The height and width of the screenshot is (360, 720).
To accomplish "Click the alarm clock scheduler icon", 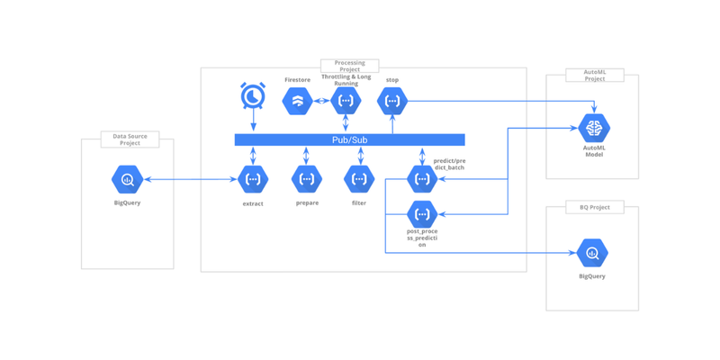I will coord(253,95).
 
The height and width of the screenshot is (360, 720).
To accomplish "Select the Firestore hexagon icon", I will coord(297,101).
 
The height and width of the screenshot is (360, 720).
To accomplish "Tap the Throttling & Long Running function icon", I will coord(346,101).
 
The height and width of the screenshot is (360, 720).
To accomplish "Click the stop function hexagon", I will coord(392,101).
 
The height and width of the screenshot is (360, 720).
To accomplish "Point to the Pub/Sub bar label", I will coord(349,140).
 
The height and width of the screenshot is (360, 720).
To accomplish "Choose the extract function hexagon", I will coord(253,179).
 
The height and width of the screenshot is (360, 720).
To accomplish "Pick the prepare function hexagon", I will coord(307,179).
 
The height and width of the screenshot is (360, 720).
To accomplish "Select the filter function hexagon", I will coord(359,179).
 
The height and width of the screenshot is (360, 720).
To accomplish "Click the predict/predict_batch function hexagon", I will coord(422,179).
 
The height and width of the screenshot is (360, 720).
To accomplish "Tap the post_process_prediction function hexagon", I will coord(422,214).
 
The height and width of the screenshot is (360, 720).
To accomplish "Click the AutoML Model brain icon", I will coord(594,128).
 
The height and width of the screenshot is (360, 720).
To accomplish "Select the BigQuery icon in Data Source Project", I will coord(127,179).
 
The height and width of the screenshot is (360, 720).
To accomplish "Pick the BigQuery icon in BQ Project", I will coord(592,253).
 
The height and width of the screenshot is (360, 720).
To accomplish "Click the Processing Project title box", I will coord(350,67).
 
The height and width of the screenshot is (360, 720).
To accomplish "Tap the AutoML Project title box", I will coord(594,76).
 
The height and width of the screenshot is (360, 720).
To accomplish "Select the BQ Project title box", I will coord(594,207).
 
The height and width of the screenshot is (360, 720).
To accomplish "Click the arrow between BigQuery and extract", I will coord(190,179).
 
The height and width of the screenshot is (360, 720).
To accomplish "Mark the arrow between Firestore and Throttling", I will coord(321,101).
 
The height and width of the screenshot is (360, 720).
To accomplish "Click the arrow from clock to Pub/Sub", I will coord(253,122).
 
